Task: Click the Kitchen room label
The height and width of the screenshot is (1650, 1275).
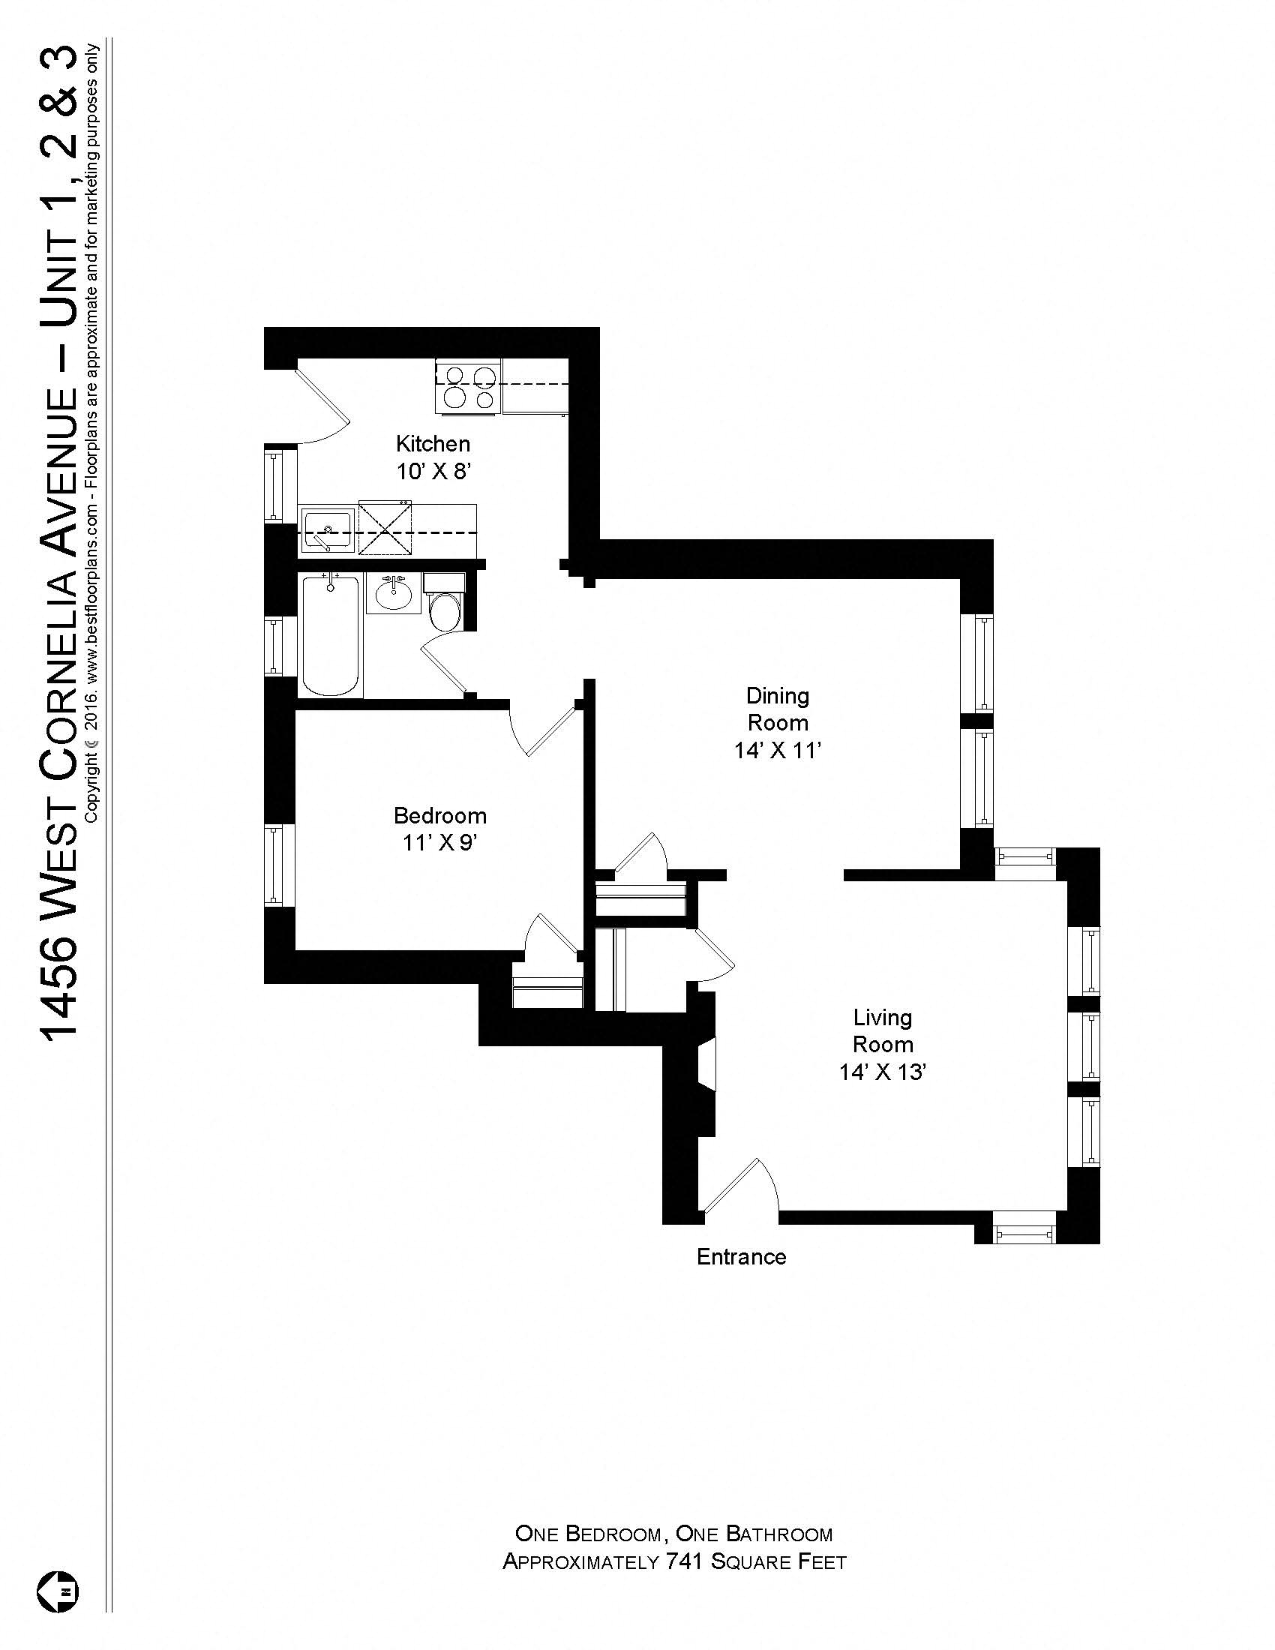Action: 433,443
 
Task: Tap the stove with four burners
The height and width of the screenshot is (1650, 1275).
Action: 467,388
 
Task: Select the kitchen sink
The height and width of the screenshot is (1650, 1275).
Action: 327,528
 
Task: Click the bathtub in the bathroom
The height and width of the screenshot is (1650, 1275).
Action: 331,634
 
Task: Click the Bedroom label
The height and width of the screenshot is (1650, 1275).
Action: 439,815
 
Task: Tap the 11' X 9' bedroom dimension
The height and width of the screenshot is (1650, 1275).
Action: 439,842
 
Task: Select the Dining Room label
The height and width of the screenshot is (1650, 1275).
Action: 777,709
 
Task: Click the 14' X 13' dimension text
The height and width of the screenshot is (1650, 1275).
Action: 882,1072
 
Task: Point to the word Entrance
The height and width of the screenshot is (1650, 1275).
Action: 741,1256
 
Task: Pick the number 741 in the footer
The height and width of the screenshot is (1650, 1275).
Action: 685,1561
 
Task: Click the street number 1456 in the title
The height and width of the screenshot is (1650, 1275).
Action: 59,990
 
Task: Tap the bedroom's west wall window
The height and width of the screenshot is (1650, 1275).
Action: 273,865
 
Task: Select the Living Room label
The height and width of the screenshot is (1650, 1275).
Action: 882,1030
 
